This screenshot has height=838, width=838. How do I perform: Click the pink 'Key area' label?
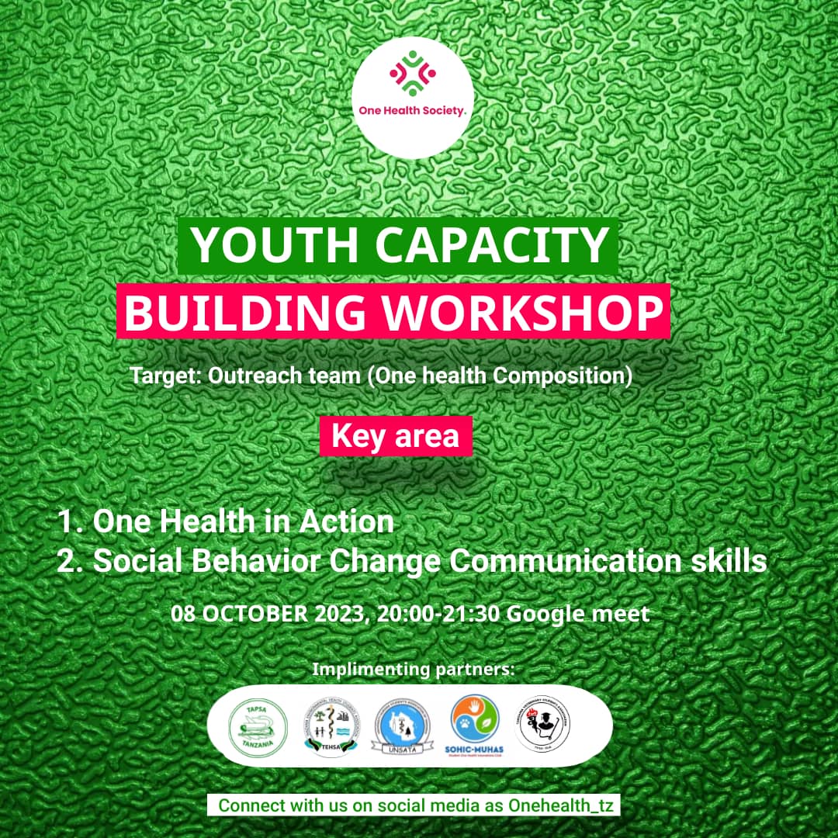pos(395,437)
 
